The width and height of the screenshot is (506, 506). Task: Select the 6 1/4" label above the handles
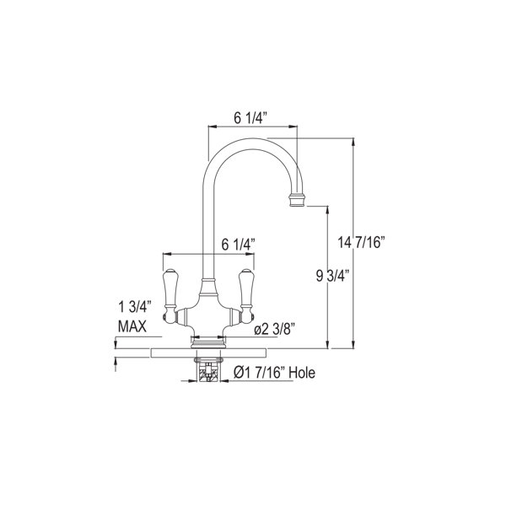coord(239,244)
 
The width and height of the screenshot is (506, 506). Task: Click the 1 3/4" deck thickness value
coord(132,308)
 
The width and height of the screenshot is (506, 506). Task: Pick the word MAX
coord(132,326)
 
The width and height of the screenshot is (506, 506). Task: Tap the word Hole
coord(299,372)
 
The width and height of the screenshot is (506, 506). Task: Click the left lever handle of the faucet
coord(169,288)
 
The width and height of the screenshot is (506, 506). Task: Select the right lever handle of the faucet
coord(248,288)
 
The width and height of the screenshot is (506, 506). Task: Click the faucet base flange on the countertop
coord(208,342)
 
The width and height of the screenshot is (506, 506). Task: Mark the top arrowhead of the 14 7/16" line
coord(352,145)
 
